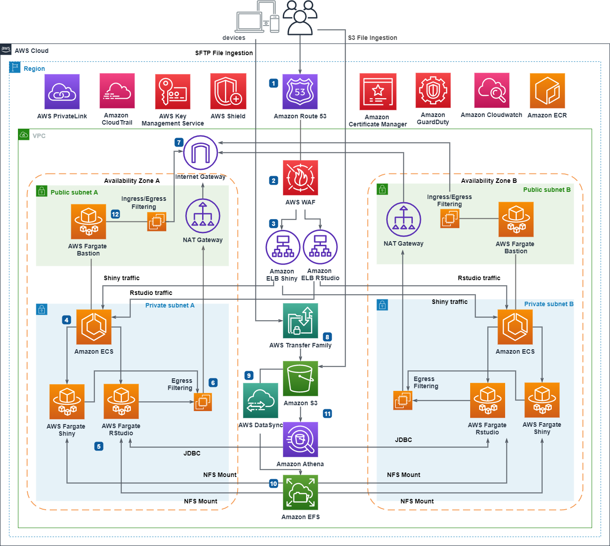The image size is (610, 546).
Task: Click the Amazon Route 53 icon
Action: point(300,91)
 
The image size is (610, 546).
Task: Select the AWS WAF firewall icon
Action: point(300,178)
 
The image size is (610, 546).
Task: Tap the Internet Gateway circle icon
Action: point(200,153)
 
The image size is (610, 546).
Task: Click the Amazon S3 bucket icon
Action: point(300,378)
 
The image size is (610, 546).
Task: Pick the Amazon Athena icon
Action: point(300,439)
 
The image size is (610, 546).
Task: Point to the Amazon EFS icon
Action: point(300,493)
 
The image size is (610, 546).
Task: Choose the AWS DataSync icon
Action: point(260,401)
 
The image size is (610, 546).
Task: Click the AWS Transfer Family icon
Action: point(300,321)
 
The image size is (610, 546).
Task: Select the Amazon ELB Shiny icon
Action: point(283,247)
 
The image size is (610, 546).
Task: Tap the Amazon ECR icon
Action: point(547,91)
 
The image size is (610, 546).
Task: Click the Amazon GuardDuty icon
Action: point(433,91)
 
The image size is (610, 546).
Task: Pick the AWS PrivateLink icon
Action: point(62,91)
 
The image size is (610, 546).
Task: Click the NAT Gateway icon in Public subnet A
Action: point(203,216)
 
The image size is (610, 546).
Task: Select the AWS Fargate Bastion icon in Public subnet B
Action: point(516,219)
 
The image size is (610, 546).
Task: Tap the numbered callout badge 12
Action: point(115,214)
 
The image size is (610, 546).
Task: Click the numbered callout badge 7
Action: point(179,142)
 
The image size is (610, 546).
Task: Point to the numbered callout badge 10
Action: point(273,484)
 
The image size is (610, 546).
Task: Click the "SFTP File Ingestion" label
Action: point(224,53)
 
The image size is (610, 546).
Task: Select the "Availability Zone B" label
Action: point(489,181)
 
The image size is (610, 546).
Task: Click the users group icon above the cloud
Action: point(300,17)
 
